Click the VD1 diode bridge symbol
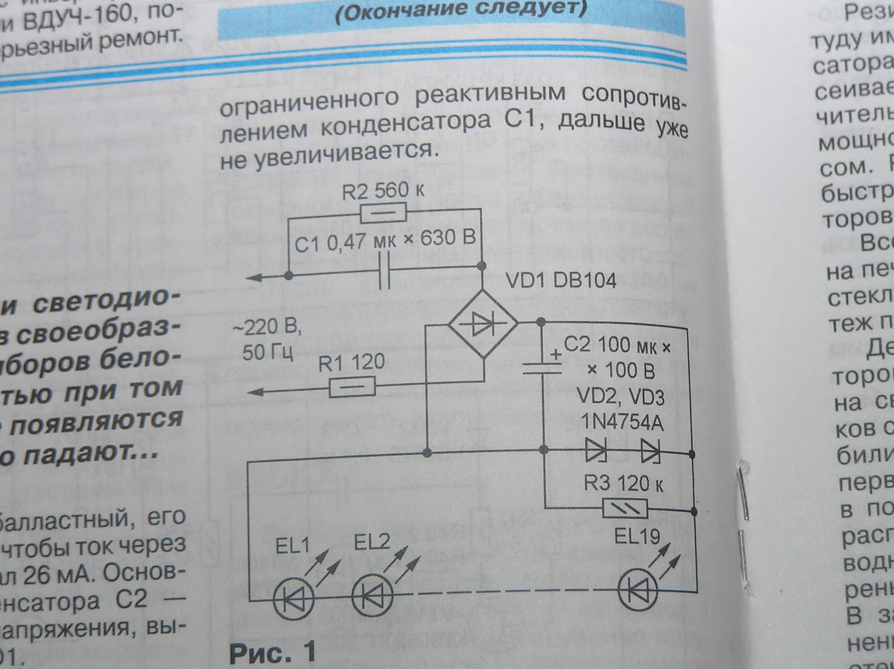[x=483, y=324]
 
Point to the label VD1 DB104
[x=562, y=281]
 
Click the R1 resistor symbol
[x=352, y=387]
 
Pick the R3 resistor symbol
[x=626, y=509]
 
